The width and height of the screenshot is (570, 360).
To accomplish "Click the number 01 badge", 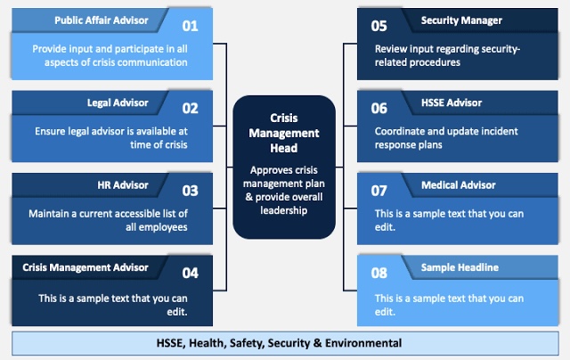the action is tap(190, 26).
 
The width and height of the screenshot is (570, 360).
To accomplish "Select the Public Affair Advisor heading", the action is tap(102, 20).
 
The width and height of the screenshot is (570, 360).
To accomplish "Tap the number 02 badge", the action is tap(190, 109).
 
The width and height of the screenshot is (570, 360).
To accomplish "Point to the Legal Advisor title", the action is tap(118, 102).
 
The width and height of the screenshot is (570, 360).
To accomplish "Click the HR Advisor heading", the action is tap(123, 185).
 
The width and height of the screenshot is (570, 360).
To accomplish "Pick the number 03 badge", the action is tap(190, 191).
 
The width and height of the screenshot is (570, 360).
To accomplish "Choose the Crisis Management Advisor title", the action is tap(85, 267).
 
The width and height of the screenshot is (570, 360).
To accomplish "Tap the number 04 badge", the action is tap(190, 273).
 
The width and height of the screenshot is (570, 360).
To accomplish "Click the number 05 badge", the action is tap(379, 26).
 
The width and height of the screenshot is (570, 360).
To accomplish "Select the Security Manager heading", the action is tap(461, 20).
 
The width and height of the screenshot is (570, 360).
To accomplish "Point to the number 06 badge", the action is tap(379, 109).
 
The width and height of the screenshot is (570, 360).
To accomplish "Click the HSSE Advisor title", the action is tap(452, 102).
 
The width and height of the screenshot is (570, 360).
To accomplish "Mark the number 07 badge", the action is tap(379, 191).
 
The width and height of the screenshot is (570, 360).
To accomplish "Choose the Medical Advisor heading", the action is tap(459, 185).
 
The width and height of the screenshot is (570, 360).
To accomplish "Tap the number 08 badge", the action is tap(379, 273).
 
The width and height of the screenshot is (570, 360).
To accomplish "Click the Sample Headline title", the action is tap(460, 267).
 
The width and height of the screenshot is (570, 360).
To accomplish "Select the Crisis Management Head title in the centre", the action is tap(284, 133).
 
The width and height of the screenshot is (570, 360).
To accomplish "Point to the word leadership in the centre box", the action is tap(284, 210).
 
